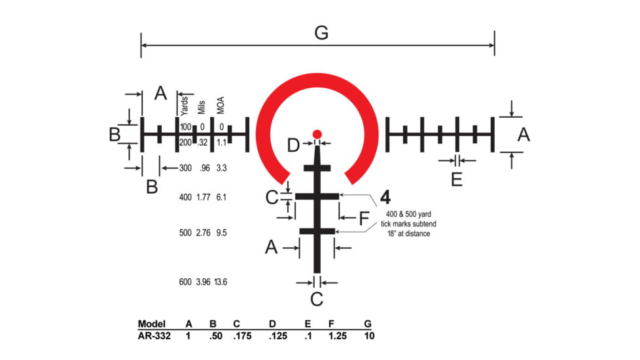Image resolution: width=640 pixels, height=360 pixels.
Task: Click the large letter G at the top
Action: (x=321, y=33)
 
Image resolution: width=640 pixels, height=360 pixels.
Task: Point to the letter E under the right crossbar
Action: (x=457, y=179)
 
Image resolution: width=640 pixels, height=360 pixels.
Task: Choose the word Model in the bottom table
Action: (x=152, y=323)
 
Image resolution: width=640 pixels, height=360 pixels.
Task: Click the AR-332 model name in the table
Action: (x=154, y=335)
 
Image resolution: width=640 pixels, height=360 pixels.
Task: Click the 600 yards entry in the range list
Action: (x=185, y=282)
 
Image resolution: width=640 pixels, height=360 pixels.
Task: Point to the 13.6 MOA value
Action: (x=221, y=282)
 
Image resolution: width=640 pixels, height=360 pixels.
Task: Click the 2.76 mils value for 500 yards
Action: (x=203, y=232)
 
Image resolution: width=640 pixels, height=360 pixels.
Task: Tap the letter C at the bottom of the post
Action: (x=316, y=299)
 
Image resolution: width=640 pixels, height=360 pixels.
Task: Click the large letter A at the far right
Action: (x=524, y=135)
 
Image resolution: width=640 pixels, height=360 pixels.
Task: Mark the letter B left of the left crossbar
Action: (x=115, y=135)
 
